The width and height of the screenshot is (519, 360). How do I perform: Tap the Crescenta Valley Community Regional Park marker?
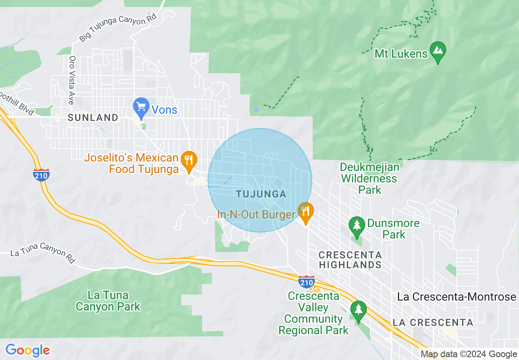point(359,310)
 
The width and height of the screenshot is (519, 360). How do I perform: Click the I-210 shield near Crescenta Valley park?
point(306,282)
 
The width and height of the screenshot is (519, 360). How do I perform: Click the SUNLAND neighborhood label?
point(93,118)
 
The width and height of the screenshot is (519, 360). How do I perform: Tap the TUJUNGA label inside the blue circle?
point(261,194)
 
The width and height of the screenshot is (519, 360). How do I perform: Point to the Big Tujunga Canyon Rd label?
point(118,27)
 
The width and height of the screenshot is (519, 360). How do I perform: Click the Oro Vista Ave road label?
point(72,80)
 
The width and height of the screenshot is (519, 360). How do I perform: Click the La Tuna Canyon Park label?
point(108,301)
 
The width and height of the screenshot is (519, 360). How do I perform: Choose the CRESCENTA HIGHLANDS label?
point(350,260)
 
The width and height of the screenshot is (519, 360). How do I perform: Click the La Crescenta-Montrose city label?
point(456,297)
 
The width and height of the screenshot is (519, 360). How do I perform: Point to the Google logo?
point(27,350)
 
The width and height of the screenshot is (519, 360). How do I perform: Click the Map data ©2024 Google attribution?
point(469,354)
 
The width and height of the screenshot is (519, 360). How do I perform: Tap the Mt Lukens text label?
point(401,54)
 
